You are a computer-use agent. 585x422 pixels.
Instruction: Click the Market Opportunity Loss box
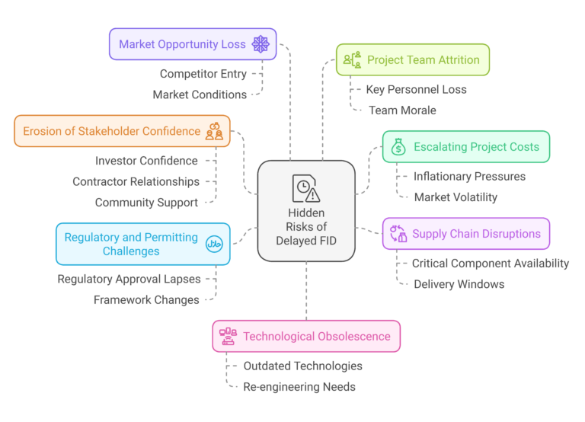point(193,44)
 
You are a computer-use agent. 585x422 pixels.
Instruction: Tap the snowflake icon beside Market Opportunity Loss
point(261,44)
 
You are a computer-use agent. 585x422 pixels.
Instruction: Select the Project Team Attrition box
point(413,59)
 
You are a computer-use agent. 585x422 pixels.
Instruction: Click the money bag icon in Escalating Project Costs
point(398,147)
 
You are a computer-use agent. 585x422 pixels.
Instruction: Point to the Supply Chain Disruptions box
point(466,234)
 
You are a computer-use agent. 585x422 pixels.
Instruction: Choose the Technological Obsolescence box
point(306,336)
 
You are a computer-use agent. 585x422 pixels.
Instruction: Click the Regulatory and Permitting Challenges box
point(143,244)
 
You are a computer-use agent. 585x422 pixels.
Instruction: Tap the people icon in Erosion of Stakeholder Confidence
point(214,131)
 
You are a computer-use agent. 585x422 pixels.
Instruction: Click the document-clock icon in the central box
point(306,188)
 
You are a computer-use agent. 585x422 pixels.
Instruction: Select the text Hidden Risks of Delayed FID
point(306,227)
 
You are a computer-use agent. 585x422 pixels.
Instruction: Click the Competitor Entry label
point(203,74)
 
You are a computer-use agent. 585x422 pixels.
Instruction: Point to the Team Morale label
point(402,110)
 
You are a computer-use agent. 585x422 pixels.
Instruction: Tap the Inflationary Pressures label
point(469,177)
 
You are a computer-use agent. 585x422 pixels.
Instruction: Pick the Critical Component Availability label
point(491,264)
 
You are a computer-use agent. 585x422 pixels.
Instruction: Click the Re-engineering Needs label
point(299,387)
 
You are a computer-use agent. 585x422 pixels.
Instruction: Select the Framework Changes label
point(146,300)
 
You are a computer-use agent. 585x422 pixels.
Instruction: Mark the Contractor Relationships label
point(136,182)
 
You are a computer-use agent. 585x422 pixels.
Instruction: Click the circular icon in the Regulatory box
point(214,244)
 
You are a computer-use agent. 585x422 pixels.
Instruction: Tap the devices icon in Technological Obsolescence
point(228,336)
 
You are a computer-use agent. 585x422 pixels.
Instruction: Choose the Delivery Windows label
point(459,284)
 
